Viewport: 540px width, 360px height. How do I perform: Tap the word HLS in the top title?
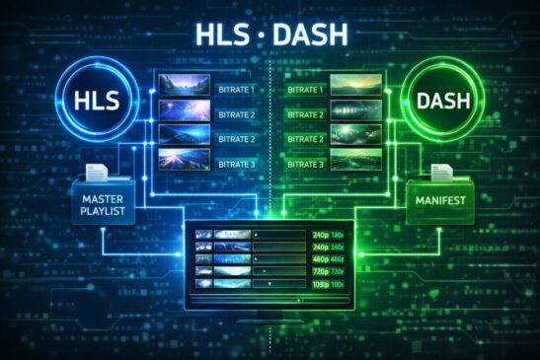tap(222, 36)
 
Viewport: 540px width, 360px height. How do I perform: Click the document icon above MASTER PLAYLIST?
tap(96, 175)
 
